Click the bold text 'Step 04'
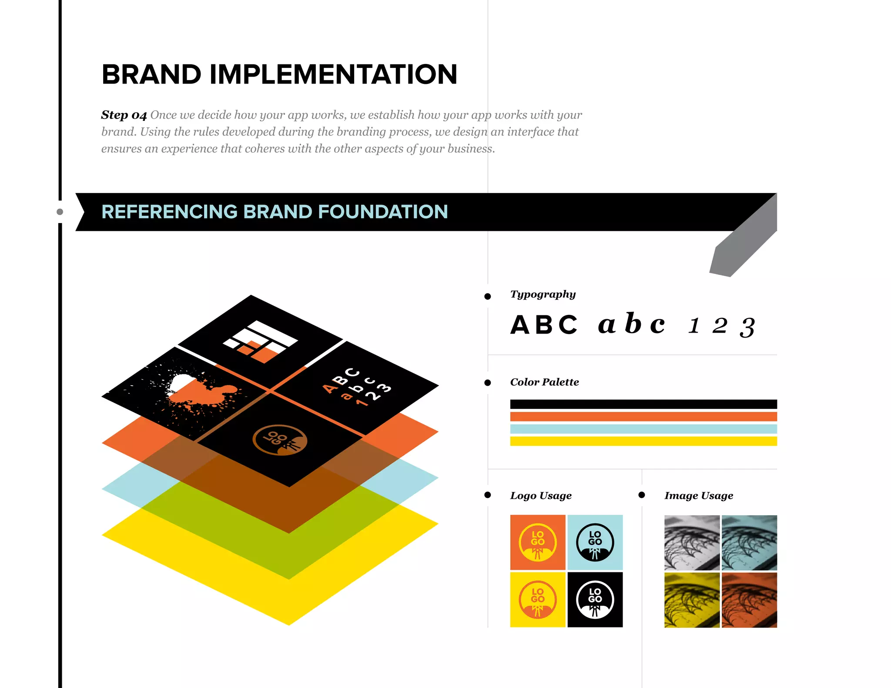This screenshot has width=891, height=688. click(124, 115)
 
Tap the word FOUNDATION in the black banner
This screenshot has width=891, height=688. click(383, 212)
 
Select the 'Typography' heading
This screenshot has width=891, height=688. click(543, 294)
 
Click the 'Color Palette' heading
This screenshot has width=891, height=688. click(544, 382)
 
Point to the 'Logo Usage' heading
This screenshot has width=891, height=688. click(541, 496)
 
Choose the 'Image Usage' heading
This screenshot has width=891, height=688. click(698, 496)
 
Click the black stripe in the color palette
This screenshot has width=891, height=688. click(643, 404)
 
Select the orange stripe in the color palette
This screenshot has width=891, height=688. click(643, 417)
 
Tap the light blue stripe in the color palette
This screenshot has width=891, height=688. click(643, 429)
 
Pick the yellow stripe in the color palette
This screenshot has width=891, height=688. click(643, 441)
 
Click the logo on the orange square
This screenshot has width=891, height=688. click(538, 542)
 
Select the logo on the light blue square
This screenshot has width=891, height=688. click(595, 542)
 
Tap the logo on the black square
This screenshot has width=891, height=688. click(595, 600)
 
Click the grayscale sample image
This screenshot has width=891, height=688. click(692, 542)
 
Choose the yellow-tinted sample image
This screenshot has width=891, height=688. click(692, 600)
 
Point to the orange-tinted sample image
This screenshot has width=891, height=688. click(749, 600)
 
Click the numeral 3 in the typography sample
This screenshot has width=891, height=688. click(747, 327)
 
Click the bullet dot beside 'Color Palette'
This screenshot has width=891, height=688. click(488, 383)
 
